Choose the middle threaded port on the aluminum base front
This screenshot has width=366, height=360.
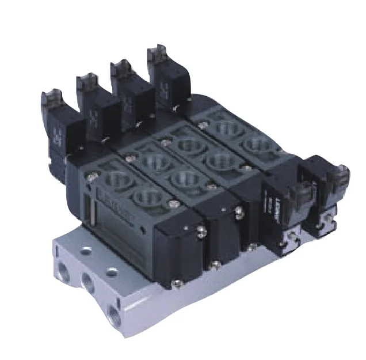coord(88,282)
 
